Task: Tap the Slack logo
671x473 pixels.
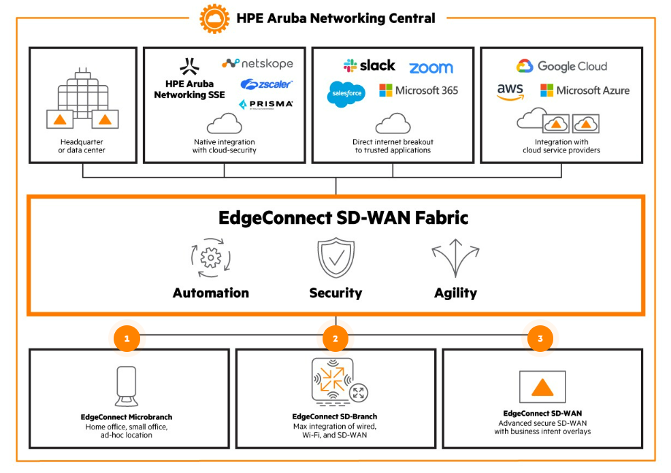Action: tap(369, 66)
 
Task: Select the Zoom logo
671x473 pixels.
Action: tap(431, 68)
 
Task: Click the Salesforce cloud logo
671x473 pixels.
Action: tap(346, 94)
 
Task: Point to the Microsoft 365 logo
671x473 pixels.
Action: tap(419, 91)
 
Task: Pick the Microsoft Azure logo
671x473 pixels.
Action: tap(585, 91)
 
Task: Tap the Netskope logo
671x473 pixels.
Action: tap(257, 63)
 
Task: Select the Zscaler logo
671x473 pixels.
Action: tap(266, 84)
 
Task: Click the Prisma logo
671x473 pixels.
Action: tap(266, 104)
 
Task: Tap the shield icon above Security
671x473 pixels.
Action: tap(335, 258)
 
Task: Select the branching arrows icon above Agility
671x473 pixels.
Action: tap(455, 258)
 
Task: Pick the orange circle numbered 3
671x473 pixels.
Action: tap(540, 338)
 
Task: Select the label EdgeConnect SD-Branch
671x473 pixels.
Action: tap(335, 417)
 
